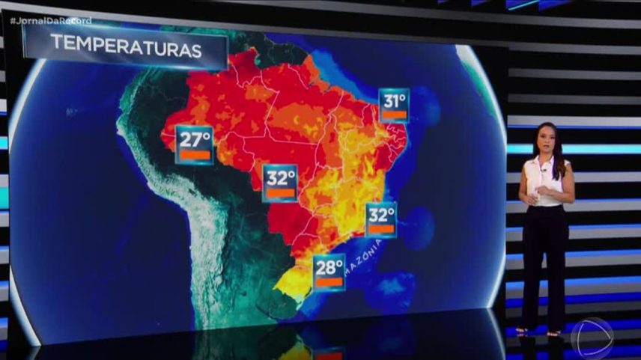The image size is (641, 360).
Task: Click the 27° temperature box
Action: coord(194,144)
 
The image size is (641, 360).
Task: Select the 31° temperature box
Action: coord(394,105)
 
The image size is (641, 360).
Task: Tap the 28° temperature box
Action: coord(329,272)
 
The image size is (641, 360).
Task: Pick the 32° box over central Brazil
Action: coord(282,183)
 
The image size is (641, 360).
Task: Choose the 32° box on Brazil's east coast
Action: coord(381,220)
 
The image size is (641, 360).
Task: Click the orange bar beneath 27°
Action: coord(194,156)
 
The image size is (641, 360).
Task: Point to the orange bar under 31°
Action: coord(395,115)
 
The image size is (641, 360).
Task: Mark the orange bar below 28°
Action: coord(329,283)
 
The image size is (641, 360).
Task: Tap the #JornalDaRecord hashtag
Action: coord(51,20)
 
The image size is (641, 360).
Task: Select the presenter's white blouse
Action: coord(547,180)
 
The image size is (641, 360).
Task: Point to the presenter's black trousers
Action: coord(544,262)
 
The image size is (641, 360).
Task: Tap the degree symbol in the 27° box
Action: coord(207,135)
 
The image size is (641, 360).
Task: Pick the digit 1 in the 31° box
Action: coord(395,100)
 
